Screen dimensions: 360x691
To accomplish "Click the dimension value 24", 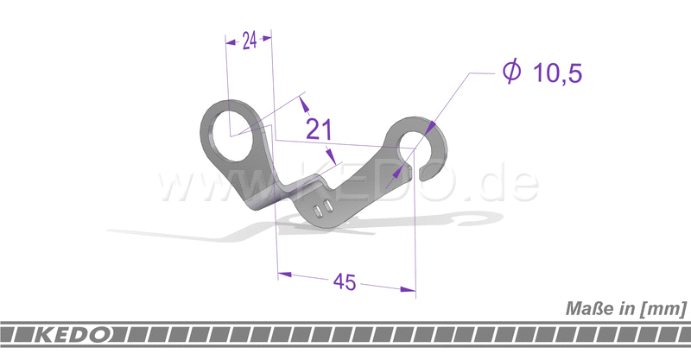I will (x=249, y=41).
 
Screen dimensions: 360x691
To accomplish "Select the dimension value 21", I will (x=320, y=129).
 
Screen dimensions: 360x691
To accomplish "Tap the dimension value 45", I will (x=346, y=282).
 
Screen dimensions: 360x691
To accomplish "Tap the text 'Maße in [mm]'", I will (x=625, y=308).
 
